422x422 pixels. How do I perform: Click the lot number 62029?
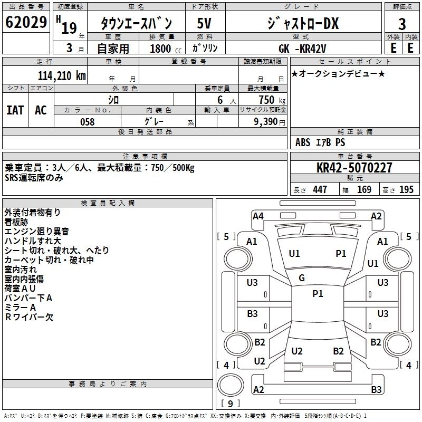click(x=26, y=22)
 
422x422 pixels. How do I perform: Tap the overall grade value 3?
click(x=402, y=24)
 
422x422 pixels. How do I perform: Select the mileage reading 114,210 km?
click(x=62, y=76)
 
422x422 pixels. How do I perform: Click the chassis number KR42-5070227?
click(x=354, y=167)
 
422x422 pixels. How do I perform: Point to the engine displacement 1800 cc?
click(x=166, y=49)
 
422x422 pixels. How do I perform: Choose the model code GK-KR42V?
click(x=302, y=49)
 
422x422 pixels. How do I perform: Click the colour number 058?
click(x=88, y=122)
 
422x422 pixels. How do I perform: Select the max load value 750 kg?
click(x=272, y=100)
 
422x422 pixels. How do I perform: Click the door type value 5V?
click(x=204, y=23)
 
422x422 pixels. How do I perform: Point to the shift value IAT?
click(x=15, y=110)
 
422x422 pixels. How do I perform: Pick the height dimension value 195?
click(x=406, y=189)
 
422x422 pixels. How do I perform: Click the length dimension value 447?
click(x=320, y=189)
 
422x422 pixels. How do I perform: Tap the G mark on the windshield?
click(x=302, y=278)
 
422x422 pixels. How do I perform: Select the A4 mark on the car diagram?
click(x=258, y=216)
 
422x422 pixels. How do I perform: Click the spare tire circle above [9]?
click(x=230, y=385)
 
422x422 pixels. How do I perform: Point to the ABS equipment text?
click(x=303, y=142)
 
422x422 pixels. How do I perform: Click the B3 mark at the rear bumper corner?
click(x=376, y=389)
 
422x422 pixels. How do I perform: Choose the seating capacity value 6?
click(x=220, y=100)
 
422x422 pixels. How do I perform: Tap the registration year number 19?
click(x=69, y=28)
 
